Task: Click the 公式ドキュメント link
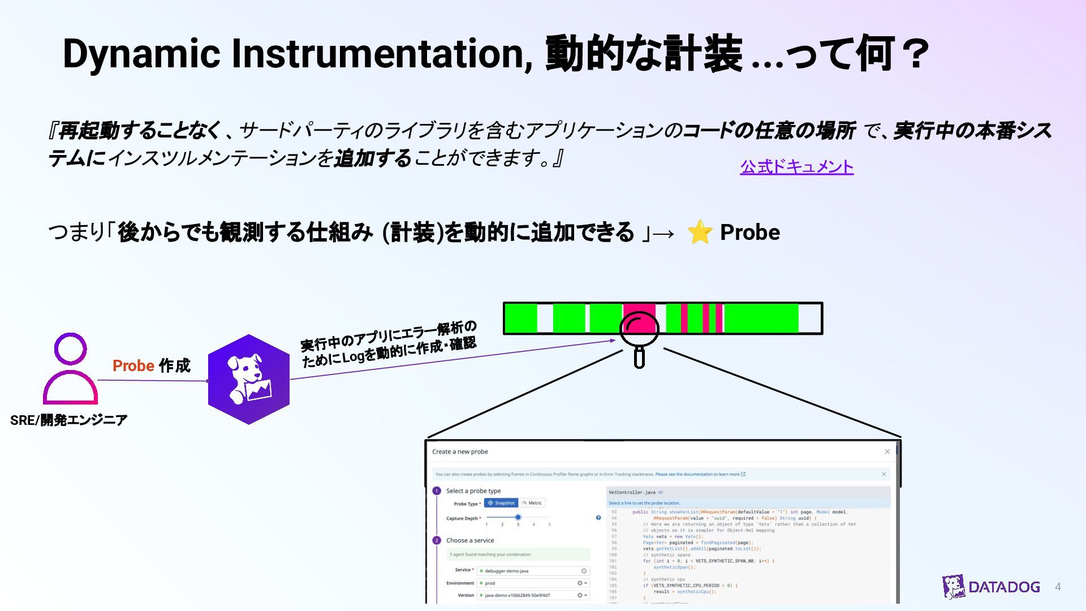click(796, 167)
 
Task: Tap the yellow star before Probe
click(700, 232)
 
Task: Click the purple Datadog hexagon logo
click(249, 379)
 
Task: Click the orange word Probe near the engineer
click(133, 366)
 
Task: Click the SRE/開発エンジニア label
click(69, 420)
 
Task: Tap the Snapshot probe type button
click(501, 503)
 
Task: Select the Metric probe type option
click(532, 503)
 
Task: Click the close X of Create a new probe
click(887, 451)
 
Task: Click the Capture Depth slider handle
click(518, 517)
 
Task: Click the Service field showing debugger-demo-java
click(532, 571)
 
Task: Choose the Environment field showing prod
click(532, 583)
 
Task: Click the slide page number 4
click(1058, 587)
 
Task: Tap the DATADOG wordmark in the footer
click(1004, 587)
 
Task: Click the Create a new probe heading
click(460, 451)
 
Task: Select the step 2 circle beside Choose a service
click(437, 540)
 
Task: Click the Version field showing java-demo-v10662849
click(532, 595)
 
